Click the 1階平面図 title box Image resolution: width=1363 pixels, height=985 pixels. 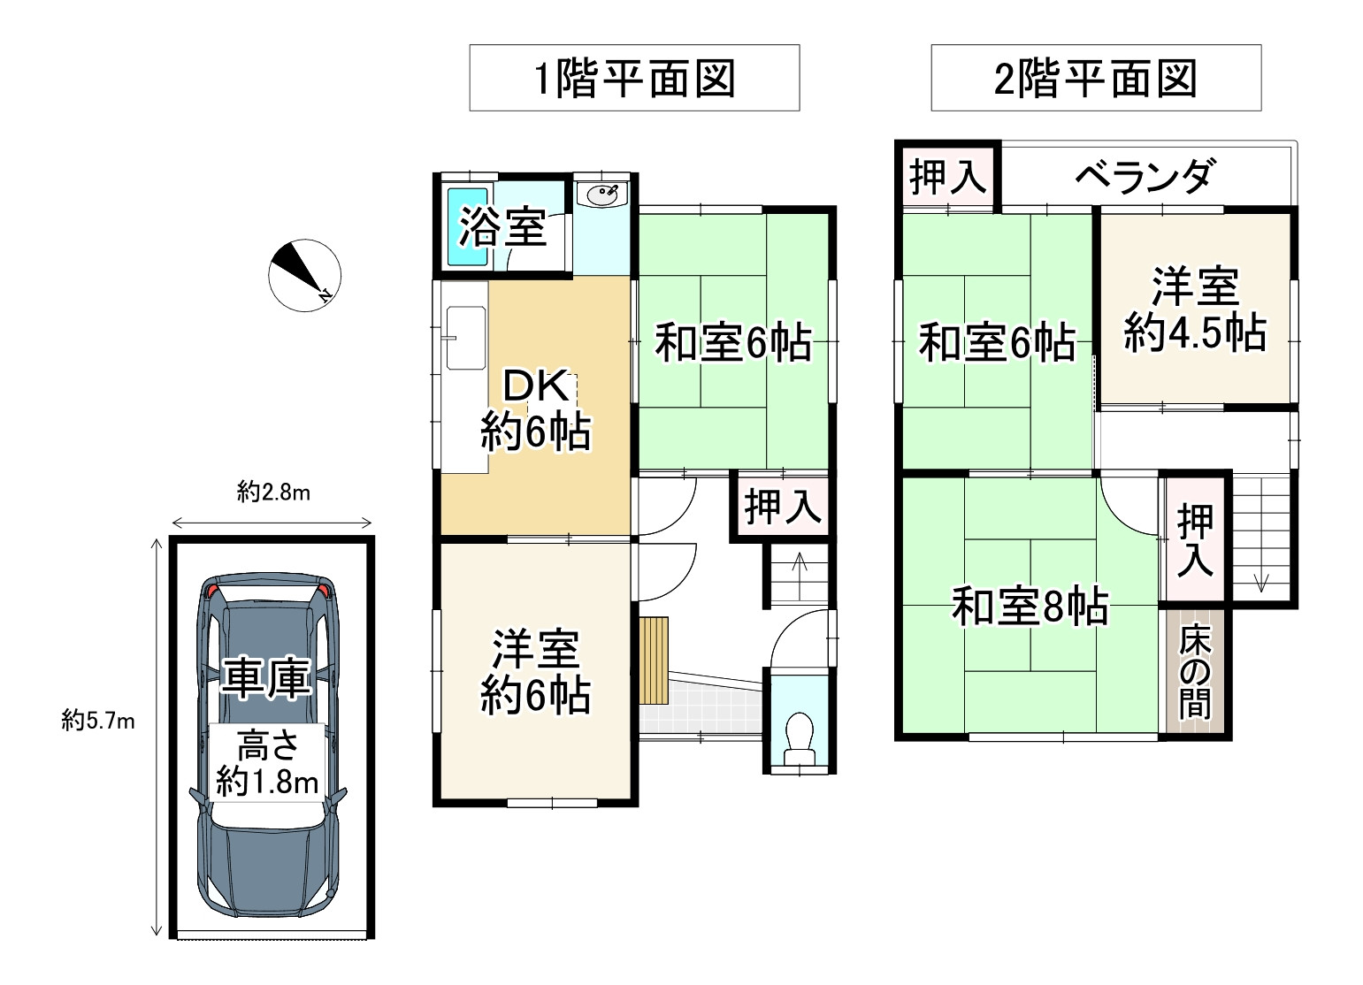pyautogui.click(x=634, y=77)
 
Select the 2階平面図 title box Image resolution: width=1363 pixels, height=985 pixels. pyautogui.click(x=1096, y=77)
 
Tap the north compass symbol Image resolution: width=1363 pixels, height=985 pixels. pyautogui.click(x=304, y=275)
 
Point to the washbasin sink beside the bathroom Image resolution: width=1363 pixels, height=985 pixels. pyautogui.click(x=602, y=195)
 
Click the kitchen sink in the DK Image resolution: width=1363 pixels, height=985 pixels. pyautogui.click(x=466, y=338)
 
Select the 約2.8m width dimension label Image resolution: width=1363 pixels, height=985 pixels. pyautogui.click(x=273, y=492)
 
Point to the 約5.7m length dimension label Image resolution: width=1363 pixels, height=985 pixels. pyautogui.click(x=97, y=721)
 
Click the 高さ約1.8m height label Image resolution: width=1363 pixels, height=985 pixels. pyautogui.click(x=268, y=763)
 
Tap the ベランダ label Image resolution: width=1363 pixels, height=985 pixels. pyautogui.click(x=1145, y=176)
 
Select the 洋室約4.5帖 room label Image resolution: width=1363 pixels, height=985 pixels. pyautogui.click(x=1195, y=310)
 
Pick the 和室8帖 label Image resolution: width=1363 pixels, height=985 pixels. pyautogui.click(x=1030, y=606)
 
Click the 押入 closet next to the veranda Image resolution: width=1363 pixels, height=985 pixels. pyautogui.click(x=948, y=177)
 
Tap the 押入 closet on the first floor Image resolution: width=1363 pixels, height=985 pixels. pyautogui.click(x=783, y=506)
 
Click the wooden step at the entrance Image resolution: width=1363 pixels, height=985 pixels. pyautogui.click(x=654, y=660)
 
